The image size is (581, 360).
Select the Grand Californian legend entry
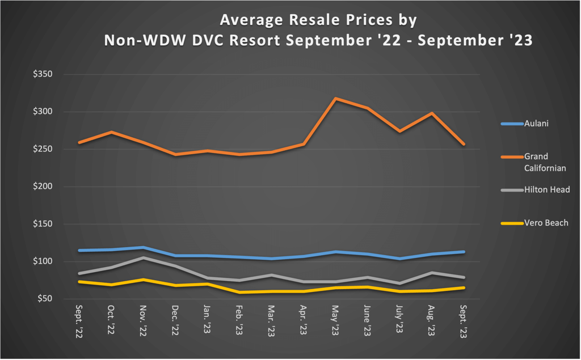pyautogui.click(x=537, y=162)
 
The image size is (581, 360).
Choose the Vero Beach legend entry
pyautogui.click(x=537, y=223)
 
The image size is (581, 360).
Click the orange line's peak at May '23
pyautogui.click(x=336, y=99)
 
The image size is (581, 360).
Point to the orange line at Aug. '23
pyautogui.click(x=432, y=113)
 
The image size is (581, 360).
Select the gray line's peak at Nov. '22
pyautogui.click(x=144, y=258)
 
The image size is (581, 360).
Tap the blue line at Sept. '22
pyautogui.click(x=79, y=250)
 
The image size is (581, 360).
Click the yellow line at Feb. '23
pyautogui.click(x=239, y=292)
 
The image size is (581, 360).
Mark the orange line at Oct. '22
pyautogui.click(x=112, y=132)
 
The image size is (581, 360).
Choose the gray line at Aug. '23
pyautogui.click(x=432, y=273)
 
